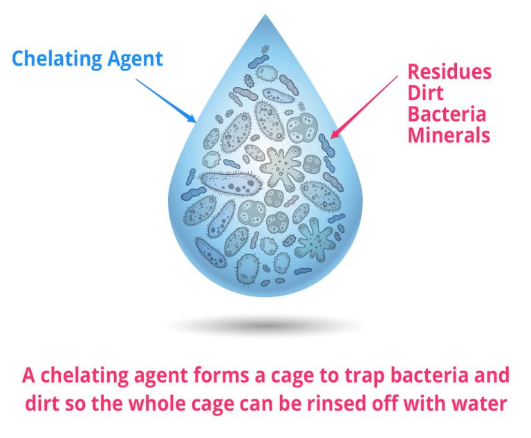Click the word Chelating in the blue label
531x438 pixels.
click(x=57, y=59)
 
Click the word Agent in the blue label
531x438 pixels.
click(x=135, y=59)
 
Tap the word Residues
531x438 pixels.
click(x=449, y=72)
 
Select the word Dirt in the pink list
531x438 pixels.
click(x=425, y=93)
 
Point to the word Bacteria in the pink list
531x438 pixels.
click(x=447, y=114)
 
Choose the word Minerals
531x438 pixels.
click(x=449, y=135)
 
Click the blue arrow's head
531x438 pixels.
click(x=192, y=118)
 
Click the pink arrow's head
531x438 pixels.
click(x=335, y=133)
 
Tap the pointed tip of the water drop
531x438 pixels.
click(x=265, y=15)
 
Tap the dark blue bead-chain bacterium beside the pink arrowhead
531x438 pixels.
click(x=326, y=145)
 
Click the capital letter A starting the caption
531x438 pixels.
click(x=28, y=375)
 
